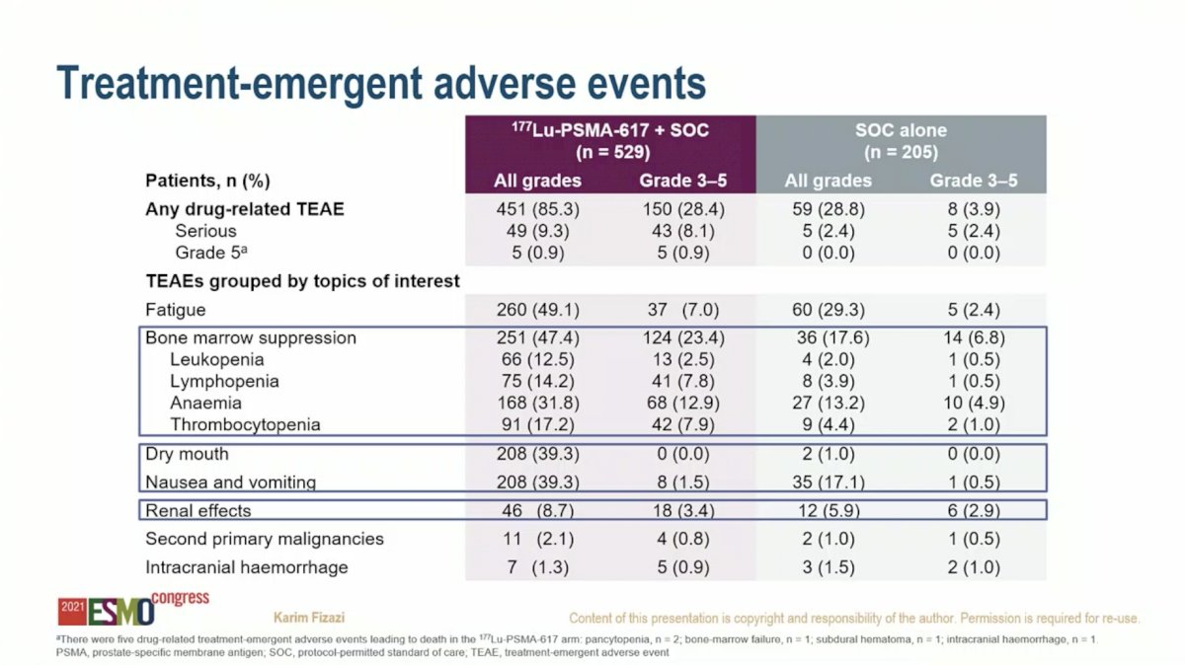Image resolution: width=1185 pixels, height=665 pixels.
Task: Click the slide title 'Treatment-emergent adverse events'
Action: tap(381, 83)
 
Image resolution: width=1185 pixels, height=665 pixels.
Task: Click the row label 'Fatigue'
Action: tap(175, 309)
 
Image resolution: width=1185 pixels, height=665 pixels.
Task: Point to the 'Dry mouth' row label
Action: tap(187, 454)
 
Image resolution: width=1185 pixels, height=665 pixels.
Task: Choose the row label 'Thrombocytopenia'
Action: tap(245, 424)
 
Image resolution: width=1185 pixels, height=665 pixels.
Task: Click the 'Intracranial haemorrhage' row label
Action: tap(247, 567)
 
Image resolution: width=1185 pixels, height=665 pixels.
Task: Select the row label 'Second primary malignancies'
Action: tap(265, 539)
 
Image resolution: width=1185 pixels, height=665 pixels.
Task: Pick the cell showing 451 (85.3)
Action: tap(537, 209)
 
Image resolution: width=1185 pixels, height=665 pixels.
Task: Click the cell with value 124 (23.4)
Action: tap(683, 337)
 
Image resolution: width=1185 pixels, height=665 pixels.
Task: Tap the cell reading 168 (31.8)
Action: tap(537, 403)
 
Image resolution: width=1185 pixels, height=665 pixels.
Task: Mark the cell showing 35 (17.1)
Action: tap(828, 482)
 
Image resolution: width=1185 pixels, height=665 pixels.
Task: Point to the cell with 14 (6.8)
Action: tap(974, 337)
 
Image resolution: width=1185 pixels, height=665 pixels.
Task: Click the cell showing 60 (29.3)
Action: tap(828, 309)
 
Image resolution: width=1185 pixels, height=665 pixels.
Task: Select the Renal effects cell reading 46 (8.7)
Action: tap(537, 511)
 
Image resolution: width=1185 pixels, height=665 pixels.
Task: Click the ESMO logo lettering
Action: tap(121, 612)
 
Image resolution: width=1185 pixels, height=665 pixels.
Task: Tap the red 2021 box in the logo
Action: tap(72, 612)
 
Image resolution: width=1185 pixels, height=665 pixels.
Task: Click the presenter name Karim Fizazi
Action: tap(309, 618)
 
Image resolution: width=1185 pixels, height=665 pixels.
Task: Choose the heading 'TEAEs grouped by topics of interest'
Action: tap(302, 281)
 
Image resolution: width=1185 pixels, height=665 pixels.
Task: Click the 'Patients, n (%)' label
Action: tap(208, 181)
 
